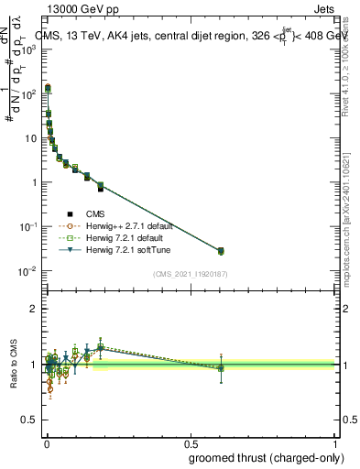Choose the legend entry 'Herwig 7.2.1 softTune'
click(x=124, y=248)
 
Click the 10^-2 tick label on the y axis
click(x=29, y=271)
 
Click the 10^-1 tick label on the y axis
click(x=29, y=226)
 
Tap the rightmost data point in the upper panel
click(x=221, y=250)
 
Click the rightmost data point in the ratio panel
click(x=221, y=368)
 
